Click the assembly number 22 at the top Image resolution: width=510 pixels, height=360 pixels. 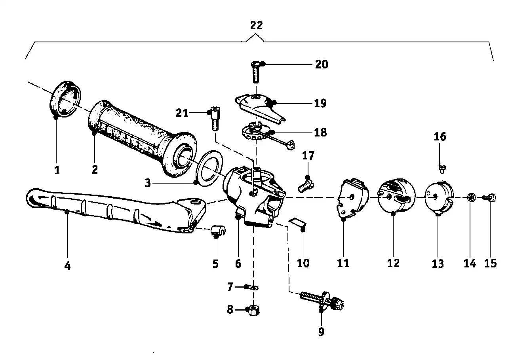(x=256, y=25)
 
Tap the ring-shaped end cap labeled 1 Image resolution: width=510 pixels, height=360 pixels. (x=65, y=99)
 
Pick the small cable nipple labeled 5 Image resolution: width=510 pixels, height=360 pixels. (x=217, y=230)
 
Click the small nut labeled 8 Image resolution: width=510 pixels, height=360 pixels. (x=253, y=311)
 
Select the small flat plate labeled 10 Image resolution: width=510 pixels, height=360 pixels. (x=298, y=223)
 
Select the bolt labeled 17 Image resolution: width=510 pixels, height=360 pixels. (x=306, y=186)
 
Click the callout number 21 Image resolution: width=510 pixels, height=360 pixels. (x=182, y=114)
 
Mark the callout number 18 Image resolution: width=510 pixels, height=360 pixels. (x=320, y=132)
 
